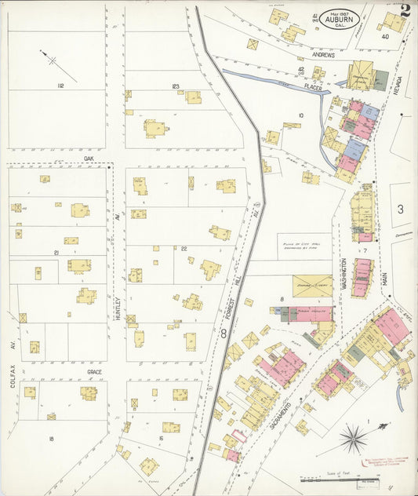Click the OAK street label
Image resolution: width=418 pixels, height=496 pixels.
coord(89,158)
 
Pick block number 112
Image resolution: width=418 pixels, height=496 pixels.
coord(60,85)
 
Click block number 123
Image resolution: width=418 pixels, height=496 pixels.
coord(176,86)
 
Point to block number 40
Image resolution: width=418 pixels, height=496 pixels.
coord(384,36)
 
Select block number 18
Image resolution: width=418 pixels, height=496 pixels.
coord(50,438)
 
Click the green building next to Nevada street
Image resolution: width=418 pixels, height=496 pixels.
coord(380,79)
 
